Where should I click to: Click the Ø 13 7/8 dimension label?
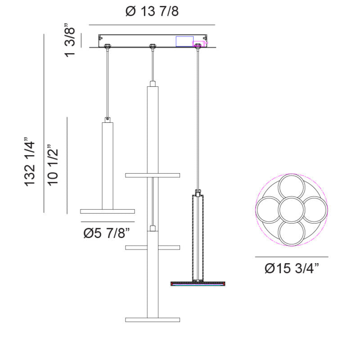152,11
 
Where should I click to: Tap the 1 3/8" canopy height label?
70,40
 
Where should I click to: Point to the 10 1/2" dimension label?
53,165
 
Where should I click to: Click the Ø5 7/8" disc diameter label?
107,233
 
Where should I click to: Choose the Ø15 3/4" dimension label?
292,268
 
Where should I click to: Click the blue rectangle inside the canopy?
184,41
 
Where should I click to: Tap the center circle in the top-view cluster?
291,210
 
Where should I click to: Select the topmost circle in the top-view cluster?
291,187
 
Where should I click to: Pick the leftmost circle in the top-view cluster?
269,210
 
